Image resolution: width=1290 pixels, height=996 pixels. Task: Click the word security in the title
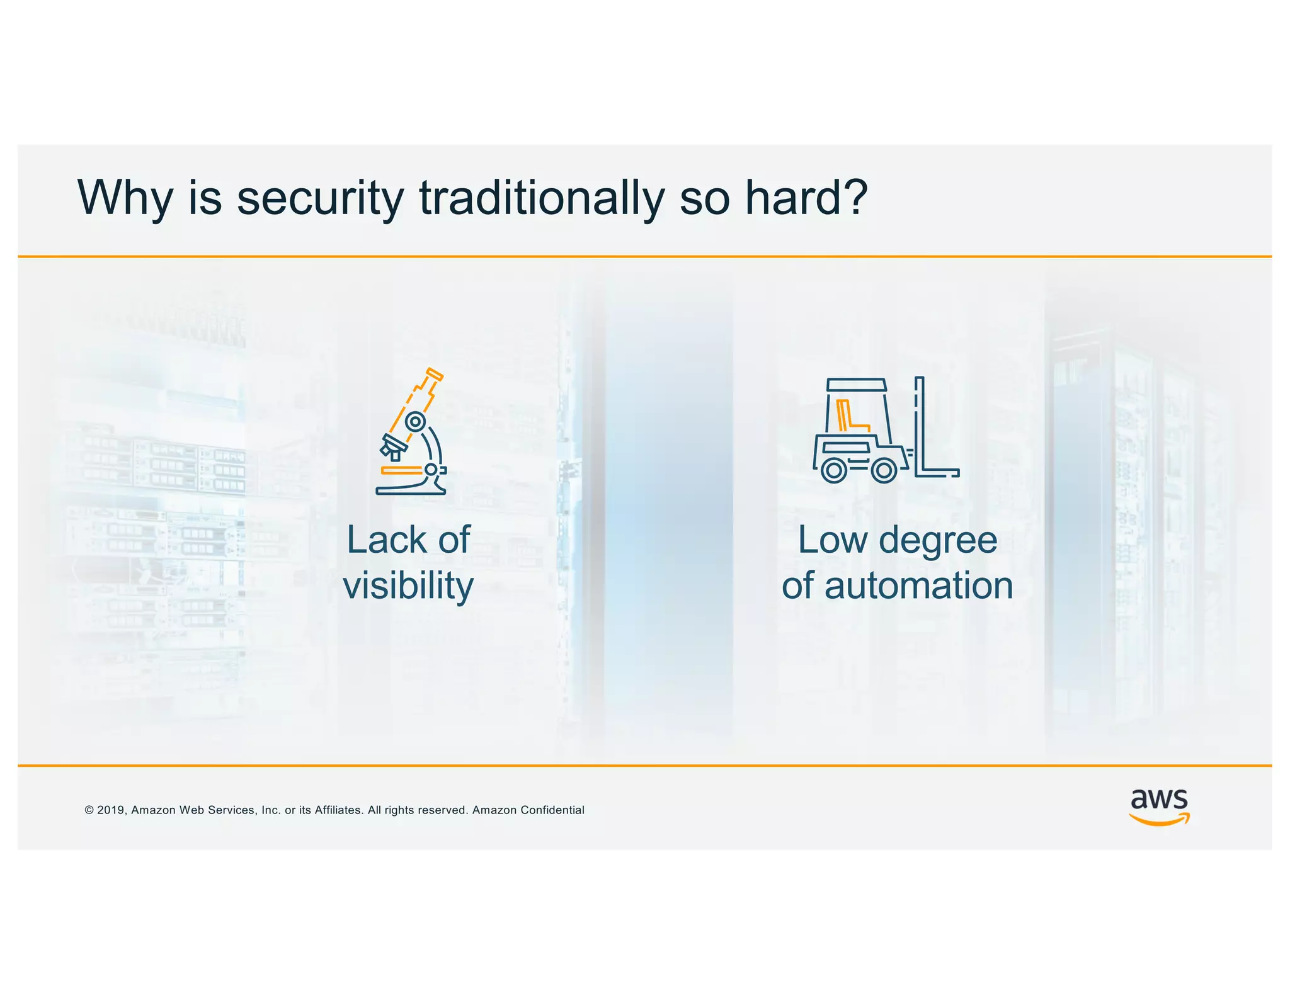pyautogui.click(x=320, y=198)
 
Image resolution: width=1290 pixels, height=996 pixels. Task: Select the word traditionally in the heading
pyautogui.click(x=542, y=198)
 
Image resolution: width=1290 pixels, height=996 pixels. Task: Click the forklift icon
pyautogui.click(x=885, y=430)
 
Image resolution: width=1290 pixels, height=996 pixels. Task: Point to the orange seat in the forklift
pyautogui.click(x=848, y=416)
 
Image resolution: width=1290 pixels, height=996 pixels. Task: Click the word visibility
pyautogui.click(x=408, y=586)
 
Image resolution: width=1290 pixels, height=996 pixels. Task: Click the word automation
pyautogui.click(x=918, y=586)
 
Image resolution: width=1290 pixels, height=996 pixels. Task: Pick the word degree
pyautogui.click(x=937, y=540)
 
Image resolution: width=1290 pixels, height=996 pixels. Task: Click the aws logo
pyautogui.click(x=1159, y=806)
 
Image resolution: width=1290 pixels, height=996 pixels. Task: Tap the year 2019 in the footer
pyautogui.click(x=111, y=810)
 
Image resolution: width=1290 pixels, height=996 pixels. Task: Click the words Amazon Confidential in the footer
pyautogui.click(x=528, y=810)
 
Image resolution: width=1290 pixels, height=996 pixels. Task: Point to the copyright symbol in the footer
pyautogui.click(x=89, y=810)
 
